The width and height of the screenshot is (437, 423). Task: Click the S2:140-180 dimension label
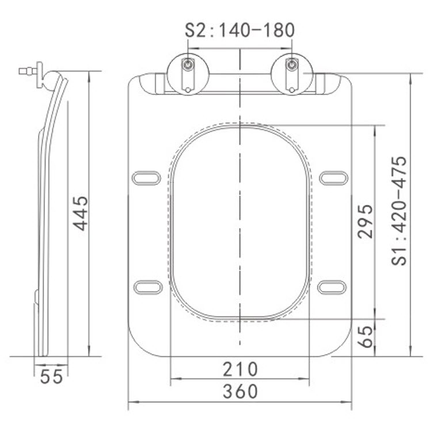point(240,30)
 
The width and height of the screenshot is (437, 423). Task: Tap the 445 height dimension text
point(80,214)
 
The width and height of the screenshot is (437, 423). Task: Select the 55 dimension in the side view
point(52,377)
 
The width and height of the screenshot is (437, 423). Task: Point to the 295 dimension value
point(365,222)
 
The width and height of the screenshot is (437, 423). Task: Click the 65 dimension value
point(365,336)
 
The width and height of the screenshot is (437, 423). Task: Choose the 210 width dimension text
point(240,369)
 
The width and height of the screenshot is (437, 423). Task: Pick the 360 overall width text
point(240,391)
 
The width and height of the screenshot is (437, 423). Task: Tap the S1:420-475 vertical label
point(399,211)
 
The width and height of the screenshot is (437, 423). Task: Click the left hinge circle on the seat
point(188,74)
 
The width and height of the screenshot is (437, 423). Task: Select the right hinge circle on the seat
point(292,74)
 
